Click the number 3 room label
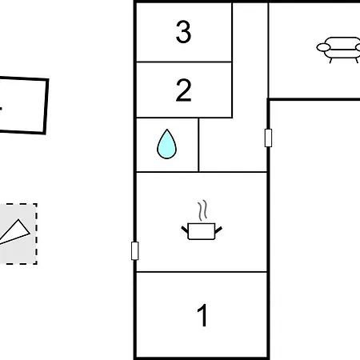tap(183, 32)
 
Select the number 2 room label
tap(183, 90)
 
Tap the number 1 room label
tap(202, 315)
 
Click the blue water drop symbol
tap(166, 144)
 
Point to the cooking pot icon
tap(202, 231)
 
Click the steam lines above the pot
tap(202, 210)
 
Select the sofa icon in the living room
tap(338, 50)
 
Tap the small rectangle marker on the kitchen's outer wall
tap(135, 250)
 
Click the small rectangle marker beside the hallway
tap(268, 138)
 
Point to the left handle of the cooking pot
tap(185, 230)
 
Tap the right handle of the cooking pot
tap(218, 230)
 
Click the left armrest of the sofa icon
tap(323, 47)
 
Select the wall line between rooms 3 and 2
tap(184, 62)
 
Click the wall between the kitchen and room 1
tap(202, 272)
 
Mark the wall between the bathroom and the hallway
tap(198, 145)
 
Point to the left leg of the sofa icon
tap(331, 61)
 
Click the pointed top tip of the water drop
tap(167, 130)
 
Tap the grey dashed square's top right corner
tap(37, 204)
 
